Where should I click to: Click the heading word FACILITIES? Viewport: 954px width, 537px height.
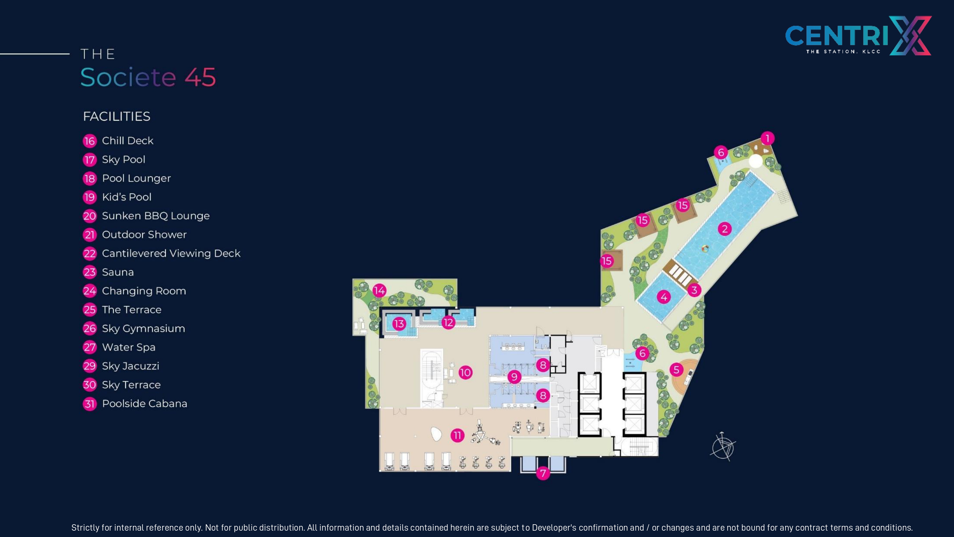click(x=117, y=116)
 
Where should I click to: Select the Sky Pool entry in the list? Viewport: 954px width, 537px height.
click(x=114, y=160)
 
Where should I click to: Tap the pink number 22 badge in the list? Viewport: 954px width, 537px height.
click(x=90, y=254)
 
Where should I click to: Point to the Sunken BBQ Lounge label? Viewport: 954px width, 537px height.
click(x=156, y=216)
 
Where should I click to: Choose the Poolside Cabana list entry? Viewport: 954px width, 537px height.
click(x=135, y=404)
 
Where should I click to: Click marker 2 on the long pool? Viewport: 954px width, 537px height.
click(x=725, y=229)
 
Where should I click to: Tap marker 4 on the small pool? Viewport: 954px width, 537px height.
click(x=664, y=297)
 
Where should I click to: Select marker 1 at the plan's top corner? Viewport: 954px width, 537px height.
click(x=768, y=139)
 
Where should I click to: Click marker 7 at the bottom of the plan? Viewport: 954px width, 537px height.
click(x=543, y=473)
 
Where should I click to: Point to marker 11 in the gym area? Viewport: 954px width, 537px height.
click(x=457, y=435)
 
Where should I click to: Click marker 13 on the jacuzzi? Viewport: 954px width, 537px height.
click(x=399, y=324)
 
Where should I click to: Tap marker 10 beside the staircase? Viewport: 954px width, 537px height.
click(x=466, y=373)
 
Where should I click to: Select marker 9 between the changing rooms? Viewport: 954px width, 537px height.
click(x=514, y=377)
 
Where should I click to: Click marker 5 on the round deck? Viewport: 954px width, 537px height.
click(x=677, y=369)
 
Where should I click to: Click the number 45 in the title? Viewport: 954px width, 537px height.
click(x=200, y=77)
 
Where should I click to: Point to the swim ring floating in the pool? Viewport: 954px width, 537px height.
click(x=705, y=249)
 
